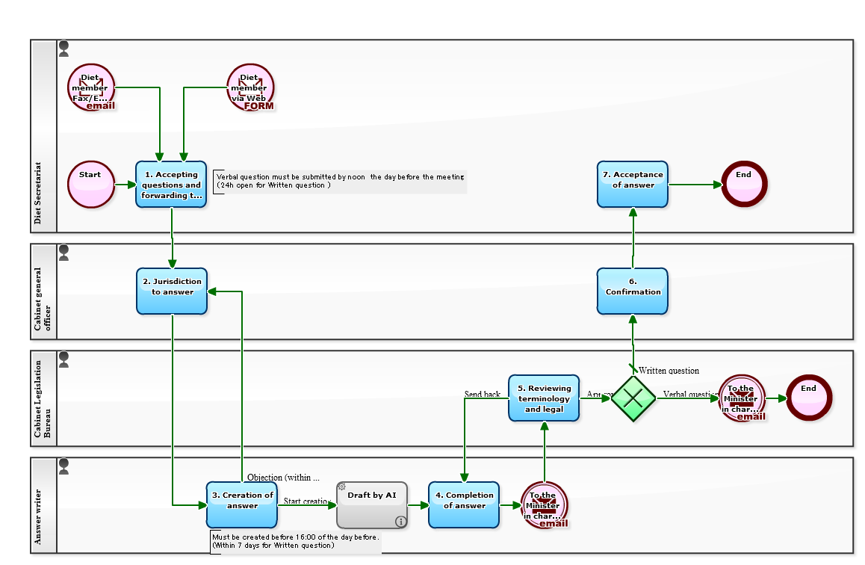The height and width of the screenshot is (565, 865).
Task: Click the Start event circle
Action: [91, 184]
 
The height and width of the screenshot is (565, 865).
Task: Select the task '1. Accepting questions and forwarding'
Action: [171, 184]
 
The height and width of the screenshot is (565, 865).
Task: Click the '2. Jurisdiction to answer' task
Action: [172, 291]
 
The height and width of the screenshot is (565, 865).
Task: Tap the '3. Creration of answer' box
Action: [242, 504]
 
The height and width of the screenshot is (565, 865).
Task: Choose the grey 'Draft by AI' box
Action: [371, 504]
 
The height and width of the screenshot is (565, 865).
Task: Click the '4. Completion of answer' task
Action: [464, 504]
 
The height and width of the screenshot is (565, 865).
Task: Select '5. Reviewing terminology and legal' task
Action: [544, 398]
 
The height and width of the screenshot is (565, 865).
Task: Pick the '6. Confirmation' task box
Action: [633, 291]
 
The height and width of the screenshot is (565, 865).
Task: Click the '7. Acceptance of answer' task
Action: [633, 184]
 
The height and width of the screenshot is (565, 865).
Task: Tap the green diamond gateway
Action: [633, 398]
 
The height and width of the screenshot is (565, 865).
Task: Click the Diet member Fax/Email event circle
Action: [91, 87]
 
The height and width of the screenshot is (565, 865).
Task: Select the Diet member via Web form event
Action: [250, 87]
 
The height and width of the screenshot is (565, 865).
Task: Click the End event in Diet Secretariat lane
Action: [744, 184]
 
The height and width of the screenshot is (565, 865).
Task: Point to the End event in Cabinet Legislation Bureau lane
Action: [809, 398]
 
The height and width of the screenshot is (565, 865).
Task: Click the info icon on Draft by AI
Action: [400, 521]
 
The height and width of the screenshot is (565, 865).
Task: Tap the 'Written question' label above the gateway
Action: [669, 371]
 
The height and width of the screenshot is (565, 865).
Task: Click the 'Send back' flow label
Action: [483, 394]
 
